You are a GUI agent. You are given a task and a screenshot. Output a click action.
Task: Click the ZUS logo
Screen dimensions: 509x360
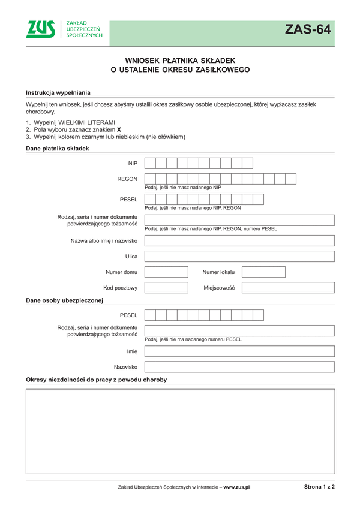41,29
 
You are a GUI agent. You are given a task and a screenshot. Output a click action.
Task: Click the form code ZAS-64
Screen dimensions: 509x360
308,29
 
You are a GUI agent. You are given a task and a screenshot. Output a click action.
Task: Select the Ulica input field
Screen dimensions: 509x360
239,256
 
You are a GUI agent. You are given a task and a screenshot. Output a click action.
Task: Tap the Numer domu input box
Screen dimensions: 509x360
166,272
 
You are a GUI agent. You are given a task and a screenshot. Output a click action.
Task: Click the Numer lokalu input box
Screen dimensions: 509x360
263,272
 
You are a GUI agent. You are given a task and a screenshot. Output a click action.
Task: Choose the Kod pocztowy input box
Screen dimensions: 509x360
166,287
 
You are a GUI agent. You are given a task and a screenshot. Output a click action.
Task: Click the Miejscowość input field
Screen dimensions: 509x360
288,287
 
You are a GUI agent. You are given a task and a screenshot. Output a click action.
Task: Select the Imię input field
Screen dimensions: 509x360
239,351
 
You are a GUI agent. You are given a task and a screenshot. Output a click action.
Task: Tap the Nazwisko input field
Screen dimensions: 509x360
239,366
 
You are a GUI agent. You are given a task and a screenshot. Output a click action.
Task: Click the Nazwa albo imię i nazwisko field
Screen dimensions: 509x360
239,240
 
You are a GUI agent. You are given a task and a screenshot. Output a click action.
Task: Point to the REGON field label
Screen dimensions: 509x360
127,179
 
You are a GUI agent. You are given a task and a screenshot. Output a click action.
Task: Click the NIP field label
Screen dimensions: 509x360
133,163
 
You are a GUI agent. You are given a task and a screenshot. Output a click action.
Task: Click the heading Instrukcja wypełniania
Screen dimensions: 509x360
58,92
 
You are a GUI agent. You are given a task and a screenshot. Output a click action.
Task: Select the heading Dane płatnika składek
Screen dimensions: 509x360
57,148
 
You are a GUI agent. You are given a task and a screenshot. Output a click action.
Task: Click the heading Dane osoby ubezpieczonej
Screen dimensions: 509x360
65,300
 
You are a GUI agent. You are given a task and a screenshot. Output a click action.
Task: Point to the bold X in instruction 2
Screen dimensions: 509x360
119,129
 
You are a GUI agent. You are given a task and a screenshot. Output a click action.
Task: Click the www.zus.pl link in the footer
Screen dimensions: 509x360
236,487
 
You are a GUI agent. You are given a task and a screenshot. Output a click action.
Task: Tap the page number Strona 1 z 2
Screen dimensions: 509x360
319,487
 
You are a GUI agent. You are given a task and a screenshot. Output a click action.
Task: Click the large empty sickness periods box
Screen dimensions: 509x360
180,431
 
